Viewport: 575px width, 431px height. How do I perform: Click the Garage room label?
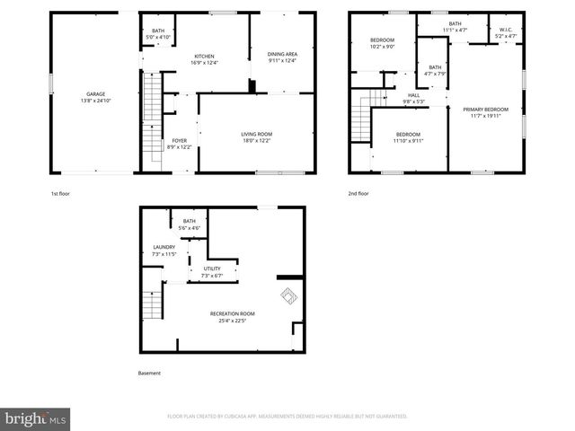96,93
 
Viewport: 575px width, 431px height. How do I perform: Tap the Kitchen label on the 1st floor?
205,56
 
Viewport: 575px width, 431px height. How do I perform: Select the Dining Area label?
282,55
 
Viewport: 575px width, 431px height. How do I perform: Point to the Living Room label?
255,135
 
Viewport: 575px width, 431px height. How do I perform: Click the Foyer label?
180,140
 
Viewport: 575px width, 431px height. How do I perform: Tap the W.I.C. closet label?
506,30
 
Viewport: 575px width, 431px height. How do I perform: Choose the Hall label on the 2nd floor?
414,95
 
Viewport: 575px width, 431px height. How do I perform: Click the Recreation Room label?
232,313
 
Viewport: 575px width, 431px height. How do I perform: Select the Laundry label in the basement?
164,247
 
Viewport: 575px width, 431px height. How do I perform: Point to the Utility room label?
212,268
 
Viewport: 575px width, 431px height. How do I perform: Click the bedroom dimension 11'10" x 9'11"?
408,140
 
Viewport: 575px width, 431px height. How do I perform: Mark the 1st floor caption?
61,193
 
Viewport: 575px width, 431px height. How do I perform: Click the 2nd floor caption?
358,193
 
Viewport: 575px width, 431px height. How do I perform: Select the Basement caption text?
150,373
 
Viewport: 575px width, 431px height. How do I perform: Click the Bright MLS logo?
36,418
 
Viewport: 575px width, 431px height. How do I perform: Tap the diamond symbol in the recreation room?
288,295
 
